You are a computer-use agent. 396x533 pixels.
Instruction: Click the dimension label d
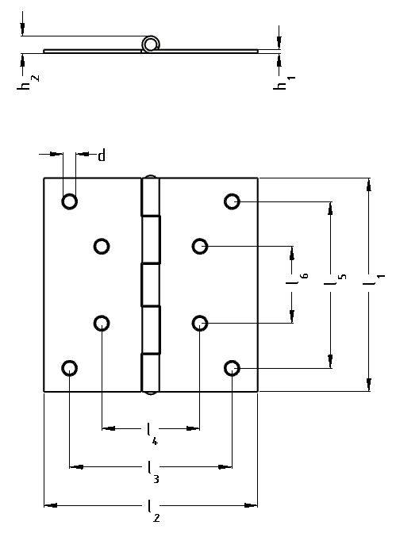102,155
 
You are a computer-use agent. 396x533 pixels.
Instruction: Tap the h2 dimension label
28,82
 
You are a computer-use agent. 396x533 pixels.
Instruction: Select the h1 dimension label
284,82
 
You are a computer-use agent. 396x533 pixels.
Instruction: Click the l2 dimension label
152,511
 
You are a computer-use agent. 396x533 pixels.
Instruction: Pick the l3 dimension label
152,472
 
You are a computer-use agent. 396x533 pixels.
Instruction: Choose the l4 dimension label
152,434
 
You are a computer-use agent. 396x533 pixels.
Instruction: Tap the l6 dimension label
297,278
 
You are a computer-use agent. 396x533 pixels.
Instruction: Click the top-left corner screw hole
69,201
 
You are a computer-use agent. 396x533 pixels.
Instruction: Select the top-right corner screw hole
232,201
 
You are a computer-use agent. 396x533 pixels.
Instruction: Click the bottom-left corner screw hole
69,368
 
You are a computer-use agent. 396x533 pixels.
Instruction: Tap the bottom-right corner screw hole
232,368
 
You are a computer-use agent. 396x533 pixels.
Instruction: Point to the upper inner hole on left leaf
102,246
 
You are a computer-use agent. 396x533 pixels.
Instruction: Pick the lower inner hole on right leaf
200,323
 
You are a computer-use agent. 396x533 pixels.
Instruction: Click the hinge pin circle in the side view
150,44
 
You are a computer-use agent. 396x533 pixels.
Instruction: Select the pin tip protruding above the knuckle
150,176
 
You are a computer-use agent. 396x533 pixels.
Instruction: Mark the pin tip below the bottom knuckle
150,393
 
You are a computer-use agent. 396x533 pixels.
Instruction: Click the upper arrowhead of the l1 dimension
369,186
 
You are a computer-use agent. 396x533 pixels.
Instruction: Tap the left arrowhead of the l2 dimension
51,505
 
